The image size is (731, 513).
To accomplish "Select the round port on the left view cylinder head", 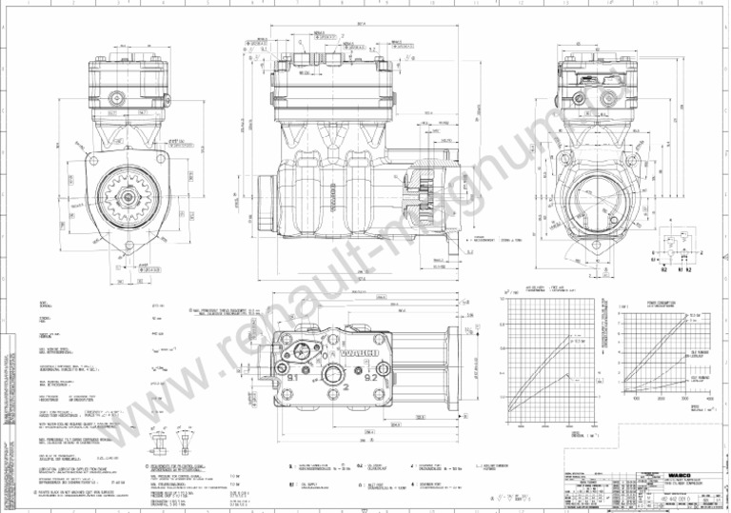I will click(116, 97).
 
